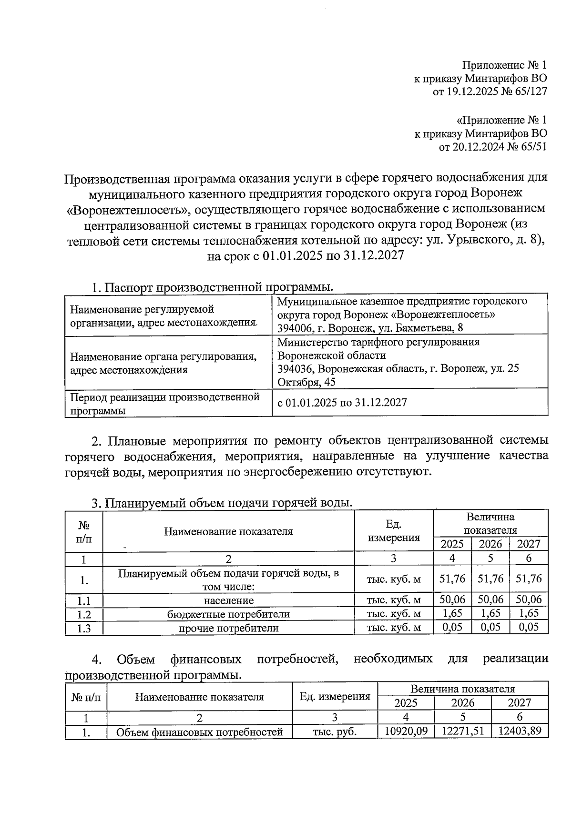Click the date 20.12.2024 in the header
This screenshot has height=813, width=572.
tap(475, 147)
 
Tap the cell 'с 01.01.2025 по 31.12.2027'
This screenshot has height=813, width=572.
tap(342, 403)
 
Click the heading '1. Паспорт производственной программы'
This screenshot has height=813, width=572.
tap(212, 287)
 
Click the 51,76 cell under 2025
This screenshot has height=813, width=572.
tap(452, 579)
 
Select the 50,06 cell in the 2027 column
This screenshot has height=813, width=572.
tap(529, 600)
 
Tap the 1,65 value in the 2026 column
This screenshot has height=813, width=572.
tap(490, 613)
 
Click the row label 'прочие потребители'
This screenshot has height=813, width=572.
tap(228, 628)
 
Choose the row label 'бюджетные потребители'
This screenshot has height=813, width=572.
tap(228, 614)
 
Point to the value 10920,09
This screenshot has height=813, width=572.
tap(406, 731)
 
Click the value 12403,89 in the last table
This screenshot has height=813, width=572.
tap(520, 731)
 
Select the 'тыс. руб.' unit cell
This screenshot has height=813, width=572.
tap(335, 732)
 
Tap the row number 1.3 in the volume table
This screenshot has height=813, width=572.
tap(84, 628)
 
